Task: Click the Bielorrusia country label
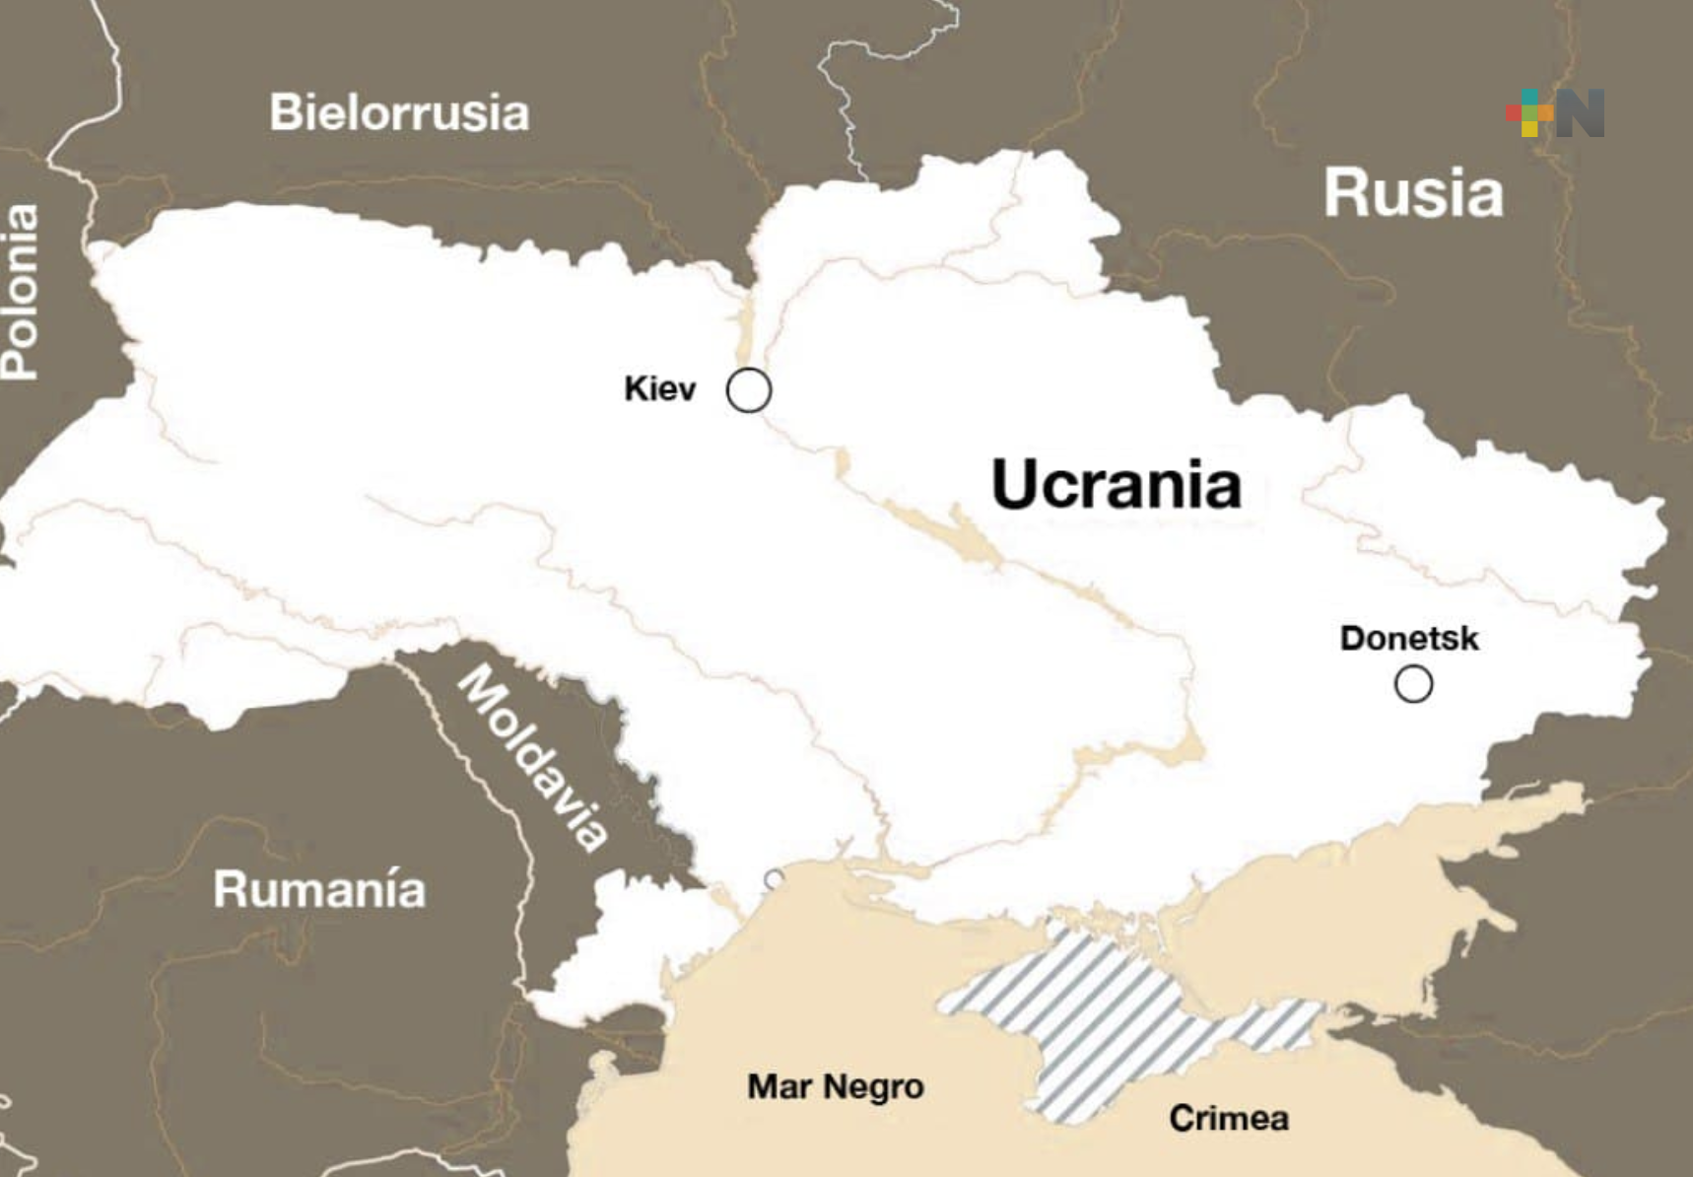pos(399,112)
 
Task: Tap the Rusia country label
pos(1413,193)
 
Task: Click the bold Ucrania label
pos(1117,484)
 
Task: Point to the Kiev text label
pos(659,388)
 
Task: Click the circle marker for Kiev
pos(749,390)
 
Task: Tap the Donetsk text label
pos(1409,638)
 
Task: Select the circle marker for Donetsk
pos(1413,683)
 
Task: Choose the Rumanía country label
pos(319,889)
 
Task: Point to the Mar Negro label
pos(836,1086)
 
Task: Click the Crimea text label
pos(1229,1118)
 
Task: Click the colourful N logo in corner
pos(1555,113)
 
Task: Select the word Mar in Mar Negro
pos(779,1086)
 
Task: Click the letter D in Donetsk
pos(1352,638)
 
